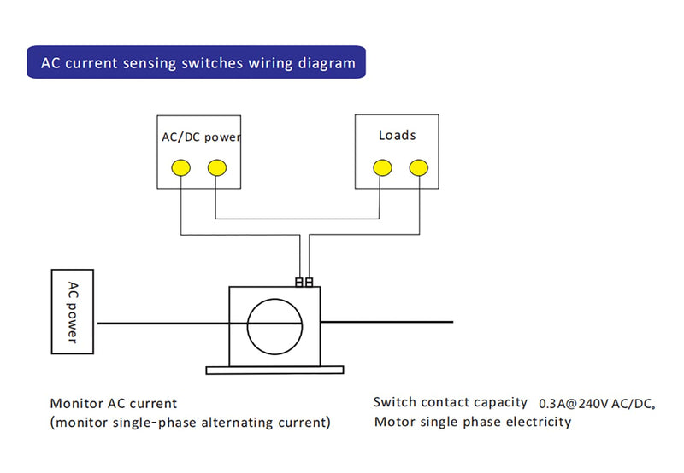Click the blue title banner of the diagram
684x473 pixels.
click(196, 62)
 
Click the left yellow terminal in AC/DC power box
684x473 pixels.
click(180, 168)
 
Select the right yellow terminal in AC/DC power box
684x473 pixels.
click(216, 168)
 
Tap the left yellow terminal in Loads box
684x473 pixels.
click(381, 167)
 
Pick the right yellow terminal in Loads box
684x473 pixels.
click(417, 167)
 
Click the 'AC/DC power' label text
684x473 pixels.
click(201, 137)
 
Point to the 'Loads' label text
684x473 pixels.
click(397, 135)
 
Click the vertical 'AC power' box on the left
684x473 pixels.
click(74, 312)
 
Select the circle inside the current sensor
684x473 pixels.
click(274, 326)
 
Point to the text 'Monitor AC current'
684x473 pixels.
click(114, 403)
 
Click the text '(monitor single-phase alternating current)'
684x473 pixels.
click(190, 422)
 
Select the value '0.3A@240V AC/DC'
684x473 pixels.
click(596, 403)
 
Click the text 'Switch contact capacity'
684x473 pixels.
click(450, 402)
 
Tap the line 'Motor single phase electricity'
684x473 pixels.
click(472, 422)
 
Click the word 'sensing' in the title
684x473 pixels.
click(147, 63)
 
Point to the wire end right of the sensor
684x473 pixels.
click(451, 322)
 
